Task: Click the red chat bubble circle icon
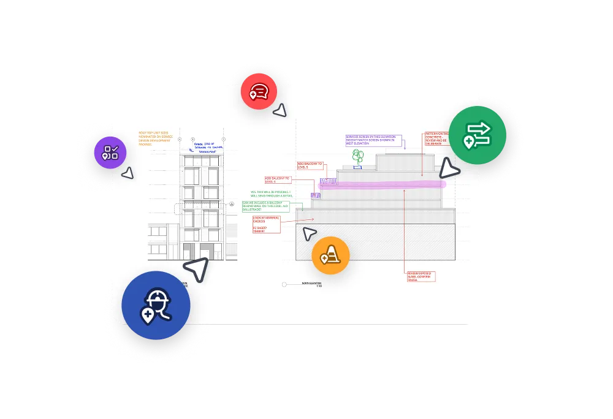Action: click(259, 91)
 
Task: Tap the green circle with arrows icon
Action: click(478, 135)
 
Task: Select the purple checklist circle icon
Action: click(110, 153)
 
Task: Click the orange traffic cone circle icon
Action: click(330, 255)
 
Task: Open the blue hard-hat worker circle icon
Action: click(156, 305)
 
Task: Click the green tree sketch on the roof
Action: click(357, 157)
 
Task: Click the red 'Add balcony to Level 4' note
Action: click(277, 179)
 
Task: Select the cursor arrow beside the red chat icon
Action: click(280, 110)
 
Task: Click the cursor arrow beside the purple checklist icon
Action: click(128, 173)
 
